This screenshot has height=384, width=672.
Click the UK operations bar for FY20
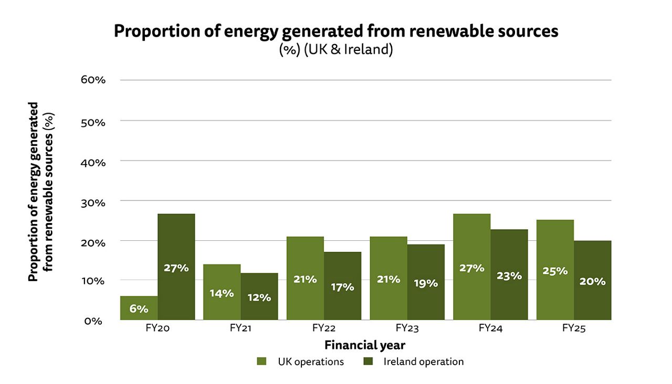139,308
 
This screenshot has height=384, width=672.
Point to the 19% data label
425,284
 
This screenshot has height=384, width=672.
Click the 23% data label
509,275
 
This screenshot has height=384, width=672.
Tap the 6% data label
139,309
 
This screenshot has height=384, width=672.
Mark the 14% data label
222,293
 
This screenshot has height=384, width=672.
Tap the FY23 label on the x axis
407,329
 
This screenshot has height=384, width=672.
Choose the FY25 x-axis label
573,329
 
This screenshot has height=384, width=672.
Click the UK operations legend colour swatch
262,361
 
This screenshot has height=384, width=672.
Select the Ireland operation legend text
423,361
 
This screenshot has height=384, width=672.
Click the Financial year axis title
364,345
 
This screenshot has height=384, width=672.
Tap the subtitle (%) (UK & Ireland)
336,51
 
